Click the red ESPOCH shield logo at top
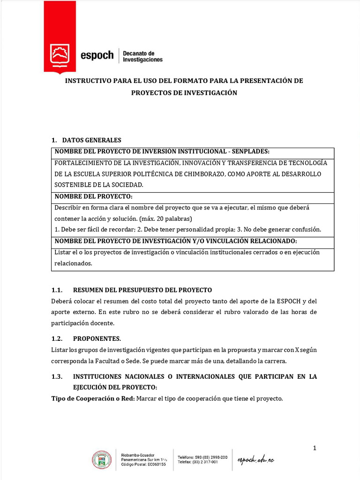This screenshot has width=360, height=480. [59, 55]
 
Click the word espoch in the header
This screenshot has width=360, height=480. [97, 55]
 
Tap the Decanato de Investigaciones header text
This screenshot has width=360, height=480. [142, 56]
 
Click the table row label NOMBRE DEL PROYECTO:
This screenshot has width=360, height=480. [94, 196]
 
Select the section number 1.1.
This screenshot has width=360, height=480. [57, 290]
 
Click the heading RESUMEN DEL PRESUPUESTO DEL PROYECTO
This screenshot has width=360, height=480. [142, 290]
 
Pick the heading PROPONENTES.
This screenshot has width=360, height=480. [97, 338]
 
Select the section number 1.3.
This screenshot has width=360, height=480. [57, 376]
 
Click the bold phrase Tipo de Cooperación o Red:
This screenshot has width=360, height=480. [92, 398]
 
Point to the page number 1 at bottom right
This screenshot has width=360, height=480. [315, 448]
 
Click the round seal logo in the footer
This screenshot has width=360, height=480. [102, 460]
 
